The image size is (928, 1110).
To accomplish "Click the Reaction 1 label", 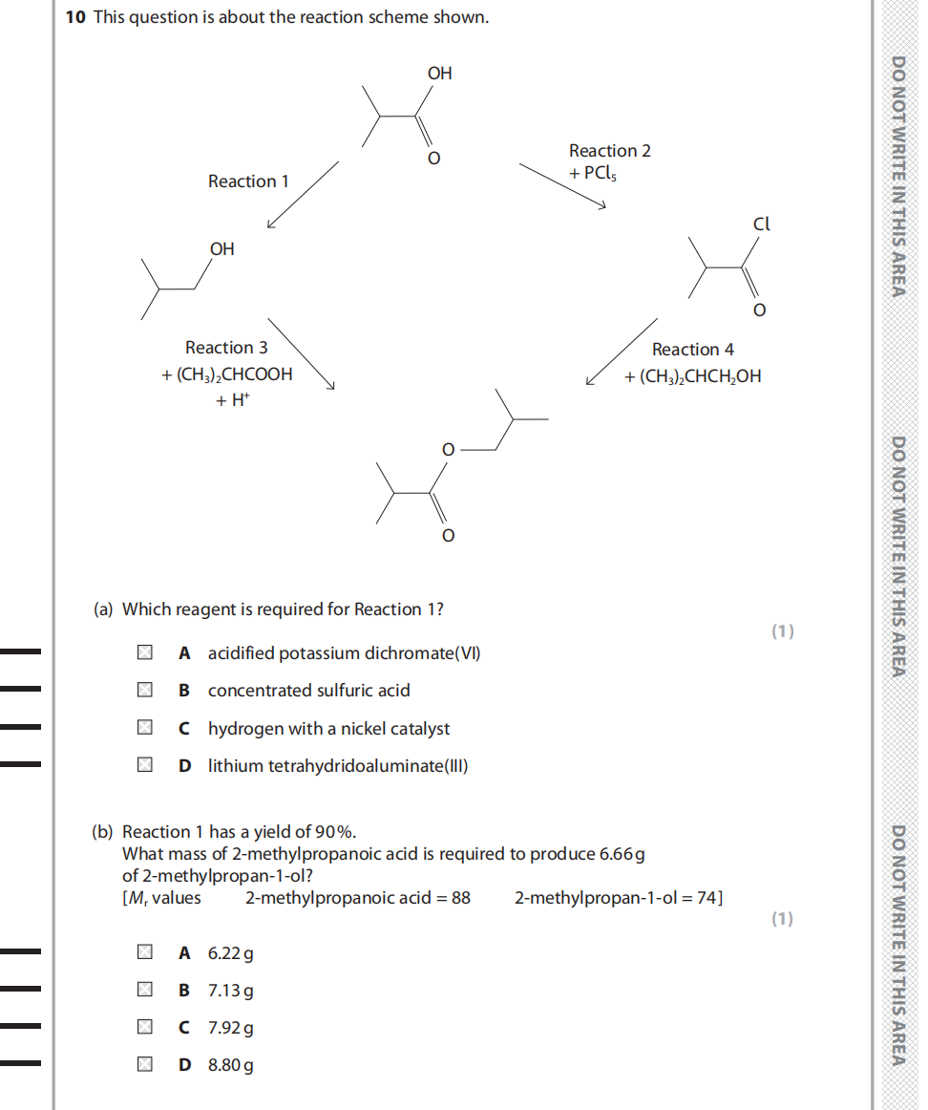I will click(x=248, y=181).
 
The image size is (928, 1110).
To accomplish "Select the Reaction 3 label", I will click(x=226, y=348).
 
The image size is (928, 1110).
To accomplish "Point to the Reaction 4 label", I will click(x=692, y=350).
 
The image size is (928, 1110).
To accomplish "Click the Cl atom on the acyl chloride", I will click(x=761, y=224).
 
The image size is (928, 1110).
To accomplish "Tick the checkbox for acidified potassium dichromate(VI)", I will click(x=143, y=653).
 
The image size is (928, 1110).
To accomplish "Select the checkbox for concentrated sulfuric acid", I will click(x=143, y=691).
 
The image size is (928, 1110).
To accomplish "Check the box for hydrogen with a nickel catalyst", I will click(x=143, y=729).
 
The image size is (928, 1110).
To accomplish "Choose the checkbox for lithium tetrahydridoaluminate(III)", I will click(x=143, y=765).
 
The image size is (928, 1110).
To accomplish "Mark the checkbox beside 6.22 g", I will click(x=143, y=952).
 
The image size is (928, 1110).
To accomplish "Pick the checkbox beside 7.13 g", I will click(x=143, y=991).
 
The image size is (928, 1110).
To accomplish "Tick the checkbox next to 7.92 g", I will click(x=143, y=1028).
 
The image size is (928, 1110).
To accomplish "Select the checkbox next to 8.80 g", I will click(x=143, y=1065).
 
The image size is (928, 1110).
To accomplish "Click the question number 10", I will click(x=75, y=17).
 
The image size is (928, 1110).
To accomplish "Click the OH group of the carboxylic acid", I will click(x=439, y=74).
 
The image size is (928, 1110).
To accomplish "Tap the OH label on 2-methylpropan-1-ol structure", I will click(x=221, y=249).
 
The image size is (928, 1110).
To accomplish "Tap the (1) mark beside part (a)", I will click(x=782, y=630).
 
